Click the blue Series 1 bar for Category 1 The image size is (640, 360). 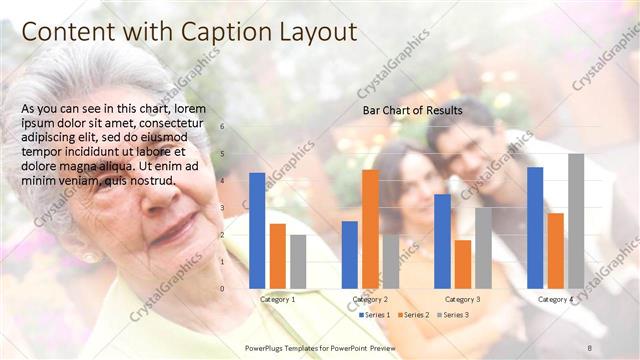(257, 231)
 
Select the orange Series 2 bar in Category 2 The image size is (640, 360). (370, 229)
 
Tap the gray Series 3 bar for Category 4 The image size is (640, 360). (576, 221)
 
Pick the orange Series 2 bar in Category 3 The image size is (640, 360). (463, 264)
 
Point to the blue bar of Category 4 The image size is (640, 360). (535, 228)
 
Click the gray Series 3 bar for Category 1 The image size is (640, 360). (298, 262)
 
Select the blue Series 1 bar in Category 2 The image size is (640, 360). (350, 255)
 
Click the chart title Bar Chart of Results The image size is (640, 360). (412, 110)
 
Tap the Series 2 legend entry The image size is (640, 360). (414, 315)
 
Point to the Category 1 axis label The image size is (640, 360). (277, 299)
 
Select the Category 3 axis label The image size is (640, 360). (462, 299)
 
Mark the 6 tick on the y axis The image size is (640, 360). (222, 127)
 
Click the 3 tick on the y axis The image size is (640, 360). (222, 208)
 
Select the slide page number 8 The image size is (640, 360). (590, 346)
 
